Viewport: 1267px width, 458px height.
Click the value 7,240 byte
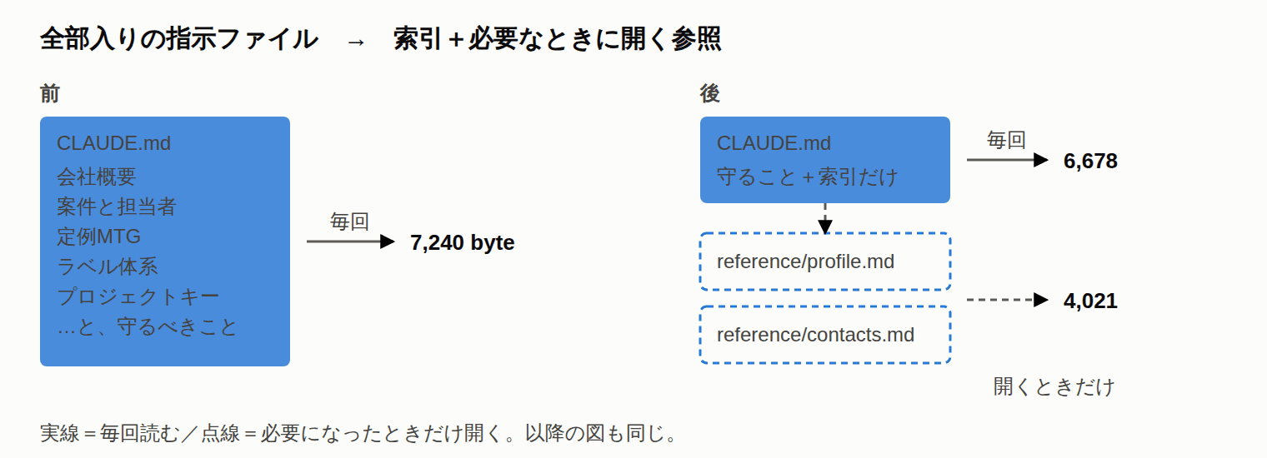(462, 242)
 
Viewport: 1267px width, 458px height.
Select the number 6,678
(1090, 161)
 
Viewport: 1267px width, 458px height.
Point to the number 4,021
(1090, 301)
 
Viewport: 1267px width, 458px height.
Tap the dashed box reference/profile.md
(825, 261)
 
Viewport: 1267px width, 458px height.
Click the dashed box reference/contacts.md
(825, 335)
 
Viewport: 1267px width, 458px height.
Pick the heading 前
(50, 93)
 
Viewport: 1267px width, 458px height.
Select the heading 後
(710, 93)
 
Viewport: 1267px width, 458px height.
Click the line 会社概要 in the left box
(96, 177)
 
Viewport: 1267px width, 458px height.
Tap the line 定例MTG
(98, 236)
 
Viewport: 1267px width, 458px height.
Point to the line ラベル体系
(107, 266)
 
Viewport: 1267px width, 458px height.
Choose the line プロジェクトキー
(138, 296)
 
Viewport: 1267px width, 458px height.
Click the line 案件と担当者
(117, 207)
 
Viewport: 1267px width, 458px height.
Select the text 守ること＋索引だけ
(807, 177)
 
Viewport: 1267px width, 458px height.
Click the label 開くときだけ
(1054, 387)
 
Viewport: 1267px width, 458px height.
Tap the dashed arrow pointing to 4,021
(1008, 300)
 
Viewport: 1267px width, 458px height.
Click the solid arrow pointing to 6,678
(1008, 161)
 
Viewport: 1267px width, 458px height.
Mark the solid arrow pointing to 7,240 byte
(351, 241)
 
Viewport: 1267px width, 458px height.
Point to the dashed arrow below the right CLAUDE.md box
(825, 218)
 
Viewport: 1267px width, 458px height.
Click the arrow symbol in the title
(356, 42)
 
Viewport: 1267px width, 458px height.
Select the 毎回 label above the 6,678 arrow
(1006, 140)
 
